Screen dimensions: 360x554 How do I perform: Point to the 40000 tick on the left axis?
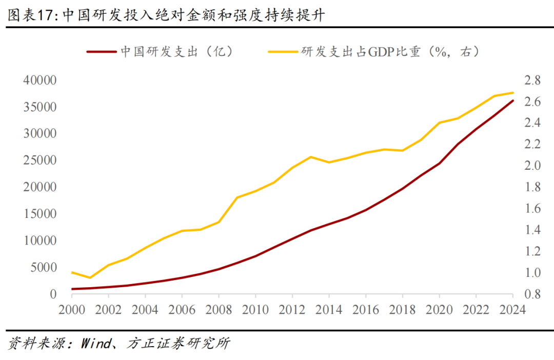point(39,81)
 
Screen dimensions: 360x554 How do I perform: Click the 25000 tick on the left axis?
point(39,161)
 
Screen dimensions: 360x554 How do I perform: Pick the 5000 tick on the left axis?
point(43,267)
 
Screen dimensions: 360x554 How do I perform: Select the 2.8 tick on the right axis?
point(532,81)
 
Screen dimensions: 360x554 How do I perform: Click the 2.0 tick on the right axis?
point(532,166)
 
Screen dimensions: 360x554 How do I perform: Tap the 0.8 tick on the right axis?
point(532,294)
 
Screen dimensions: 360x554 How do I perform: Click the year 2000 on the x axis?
point(72,309)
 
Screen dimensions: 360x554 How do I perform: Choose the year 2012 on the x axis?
point(292,309)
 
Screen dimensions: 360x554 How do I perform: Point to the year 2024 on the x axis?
point(512,309)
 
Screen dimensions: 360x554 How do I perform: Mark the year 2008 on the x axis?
point(219,309)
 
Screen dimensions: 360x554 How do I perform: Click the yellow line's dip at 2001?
point(90,277)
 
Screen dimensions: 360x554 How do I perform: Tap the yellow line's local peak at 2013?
point(311,157)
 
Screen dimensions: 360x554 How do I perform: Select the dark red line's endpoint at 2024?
point(512,101)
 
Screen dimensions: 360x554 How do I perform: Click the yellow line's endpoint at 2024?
point(512,93)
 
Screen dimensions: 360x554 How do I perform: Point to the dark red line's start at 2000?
point(72,289)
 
